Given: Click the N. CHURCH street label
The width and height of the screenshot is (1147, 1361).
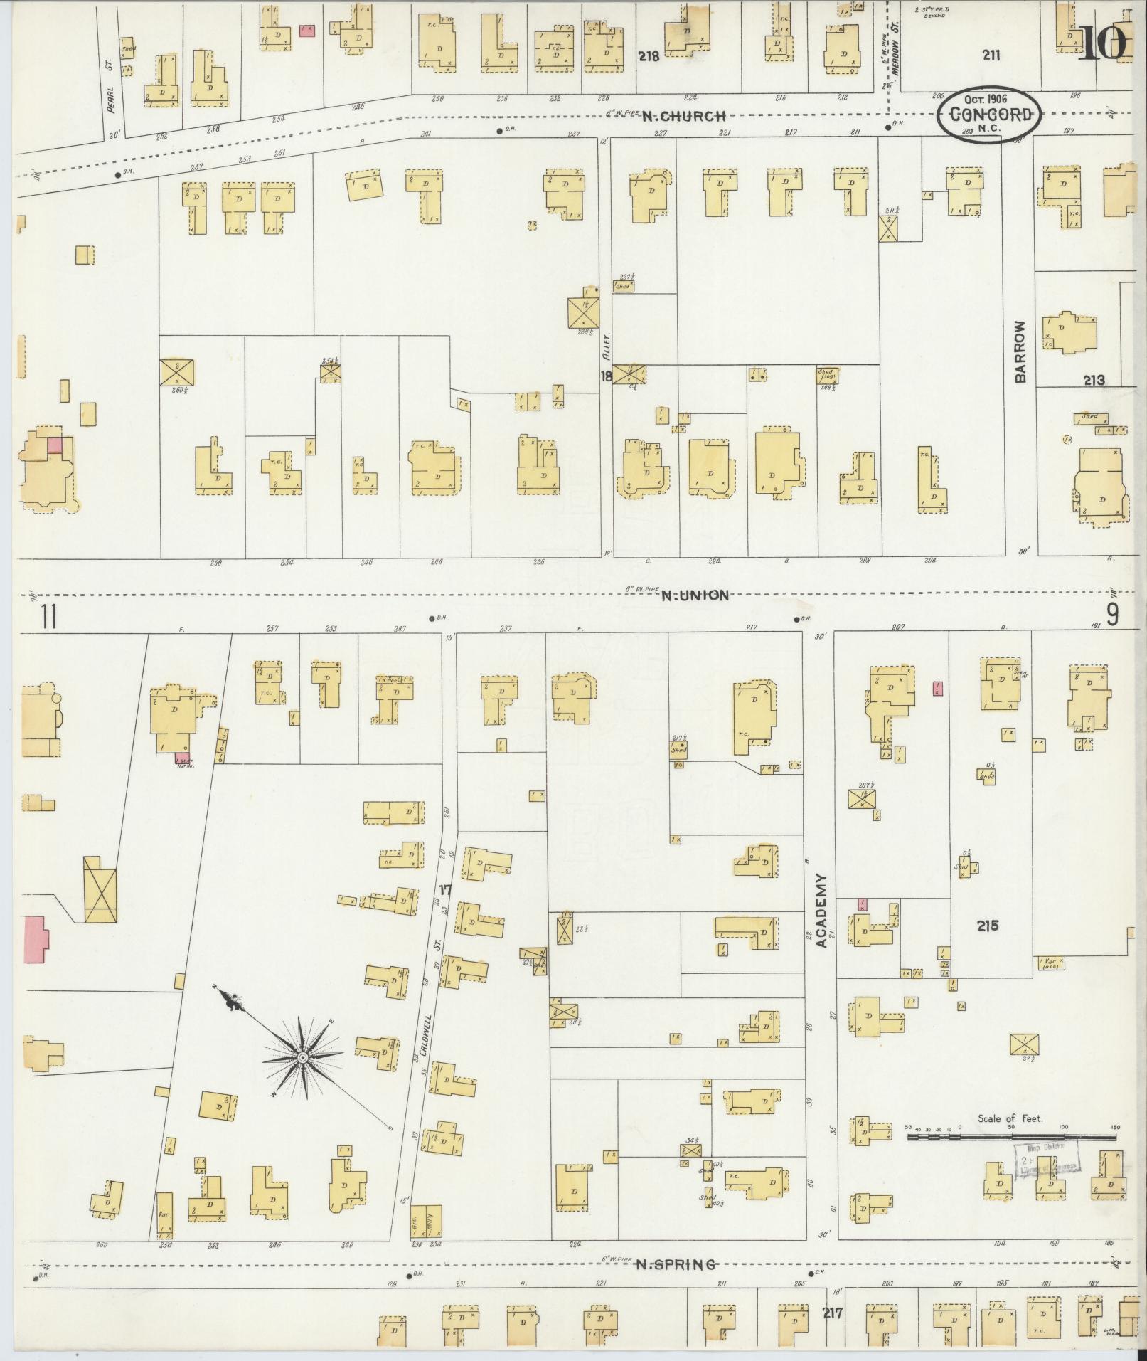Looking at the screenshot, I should [685, 116].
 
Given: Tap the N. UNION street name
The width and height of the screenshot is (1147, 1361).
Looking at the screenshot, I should [695, 595].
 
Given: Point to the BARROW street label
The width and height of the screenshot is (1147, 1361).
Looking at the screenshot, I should [1021, 351].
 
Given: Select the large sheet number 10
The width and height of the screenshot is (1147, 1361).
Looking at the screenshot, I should [1103, 43].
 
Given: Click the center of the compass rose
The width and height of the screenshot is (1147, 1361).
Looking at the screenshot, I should [303, 1058].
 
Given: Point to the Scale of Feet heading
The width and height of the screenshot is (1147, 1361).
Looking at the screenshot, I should [1009, 1118].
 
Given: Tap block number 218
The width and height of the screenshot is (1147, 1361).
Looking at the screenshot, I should [649, 56].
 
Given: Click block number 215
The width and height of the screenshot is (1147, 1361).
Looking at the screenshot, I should [987, 926].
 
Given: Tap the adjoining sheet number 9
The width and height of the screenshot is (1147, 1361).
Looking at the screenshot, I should [1112, 614].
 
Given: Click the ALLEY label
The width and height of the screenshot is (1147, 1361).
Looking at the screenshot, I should [606, 346].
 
